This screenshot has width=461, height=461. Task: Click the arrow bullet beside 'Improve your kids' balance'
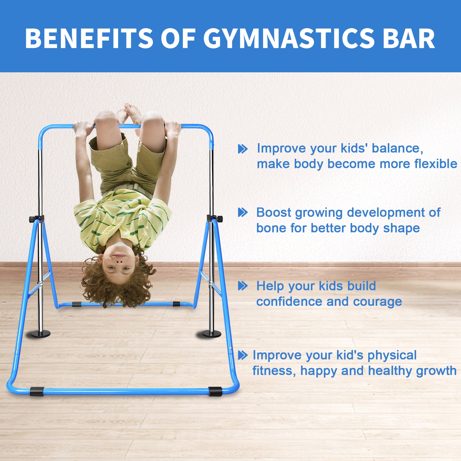click(x=243, y=149)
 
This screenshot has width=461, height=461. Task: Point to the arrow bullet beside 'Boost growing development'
click(x=243, y=213)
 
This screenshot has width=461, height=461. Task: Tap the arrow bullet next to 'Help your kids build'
click(x=243, y=286)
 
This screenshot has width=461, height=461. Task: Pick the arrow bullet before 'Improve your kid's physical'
click(x=243, y=355)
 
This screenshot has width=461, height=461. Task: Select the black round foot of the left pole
click(x=41, y=334)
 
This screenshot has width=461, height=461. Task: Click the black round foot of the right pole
click(x=211, y=334)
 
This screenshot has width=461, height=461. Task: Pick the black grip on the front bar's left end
click(x=37, y=391)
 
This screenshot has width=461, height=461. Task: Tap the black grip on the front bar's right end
click(x=215, y=391)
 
